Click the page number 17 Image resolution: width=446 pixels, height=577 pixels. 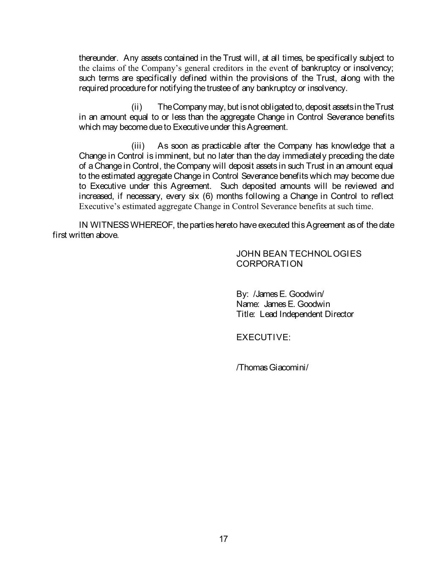[x=224, y=539]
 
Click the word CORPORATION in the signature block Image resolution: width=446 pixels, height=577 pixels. [x=269, y=264]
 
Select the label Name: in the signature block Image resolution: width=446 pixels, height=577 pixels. [x=248, y=304]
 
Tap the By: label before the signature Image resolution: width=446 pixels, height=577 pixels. [x=242, y=294]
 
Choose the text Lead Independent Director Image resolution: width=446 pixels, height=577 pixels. [x=306, y=314]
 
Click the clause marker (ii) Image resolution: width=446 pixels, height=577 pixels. [x=137, y=107]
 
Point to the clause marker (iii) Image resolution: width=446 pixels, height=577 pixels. [x=138, y=146]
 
